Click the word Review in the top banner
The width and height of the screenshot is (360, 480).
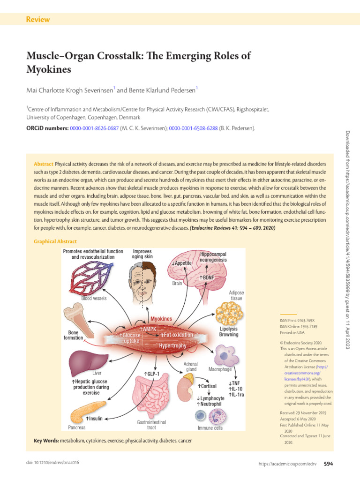point(38,20)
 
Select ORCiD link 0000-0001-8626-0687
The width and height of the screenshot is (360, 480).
point(94,128)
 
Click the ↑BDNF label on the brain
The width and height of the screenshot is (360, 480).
point(207,278)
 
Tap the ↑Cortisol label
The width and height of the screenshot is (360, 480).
point(207,386)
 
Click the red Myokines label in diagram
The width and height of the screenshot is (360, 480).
point(161,319)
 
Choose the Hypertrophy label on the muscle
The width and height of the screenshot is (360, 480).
point(172,346)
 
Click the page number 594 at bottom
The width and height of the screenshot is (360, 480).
point(328,464)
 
